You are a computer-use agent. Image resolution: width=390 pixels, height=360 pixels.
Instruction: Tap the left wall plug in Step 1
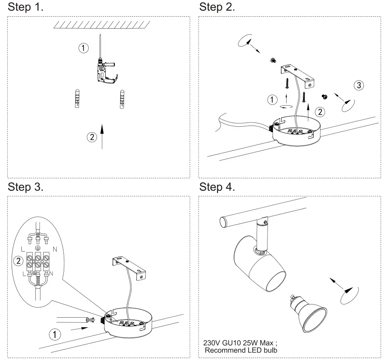(x=77, y=99)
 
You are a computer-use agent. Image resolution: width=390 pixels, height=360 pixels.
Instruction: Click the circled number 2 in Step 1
(x=92, y=137)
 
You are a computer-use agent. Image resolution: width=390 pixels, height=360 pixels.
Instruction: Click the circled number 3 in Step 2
(x=359, y=85)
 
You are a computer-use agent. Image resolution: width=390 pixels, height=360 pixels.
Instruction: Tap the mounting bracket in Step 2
(x=298, y=75)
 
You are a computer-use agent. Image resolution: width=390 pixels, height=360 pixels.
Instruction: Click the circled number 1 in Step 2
(x=273, y=100)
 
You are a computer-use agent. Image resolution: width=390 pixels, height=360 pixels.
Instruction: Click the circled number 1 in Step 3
(x=56, y=334)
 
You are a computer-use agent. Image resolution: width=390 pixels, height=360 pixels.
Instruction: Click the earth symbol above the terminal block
(x=38, y=248)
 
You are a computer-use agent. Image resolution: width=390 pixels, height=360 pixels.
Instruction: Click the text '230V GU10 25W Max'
(x=240, y=343)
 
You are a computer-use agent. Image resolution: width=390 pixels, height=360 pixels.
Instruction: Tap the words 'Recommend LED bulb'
(x=241, y=350)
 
